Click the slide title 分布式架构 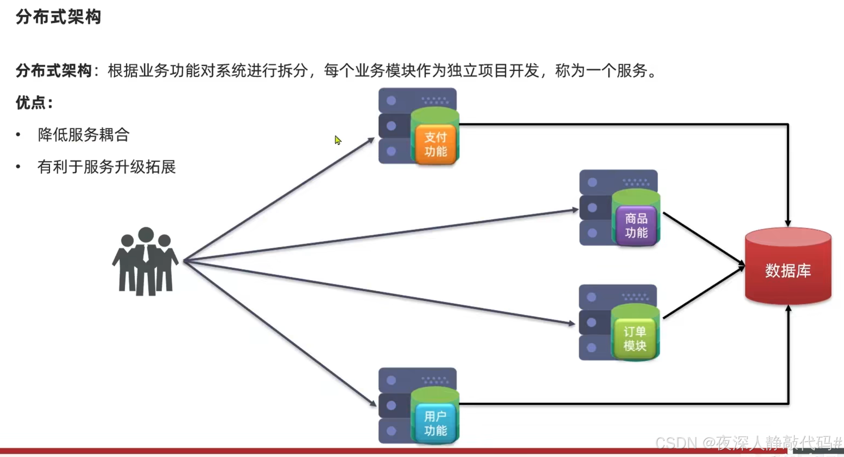(58, 17)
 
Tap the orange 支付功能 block (435, 144)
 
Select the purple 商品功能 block (636, 225)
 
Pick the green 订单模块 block (635, 339)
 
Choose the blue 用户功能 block (435, 423)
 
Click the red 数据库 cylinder (788, 270)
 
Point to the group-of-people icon (145, 261)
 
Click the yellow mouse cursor (338, 140)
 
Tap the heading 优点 (34, 103)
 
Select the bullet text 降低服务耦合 (83, 135)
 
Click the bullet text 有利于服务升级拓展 (106, 167)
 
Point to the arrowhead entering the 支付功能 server (371, 140)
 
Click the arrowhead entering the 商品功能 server (575, 210)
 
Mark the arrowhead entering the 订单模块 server (572, 324)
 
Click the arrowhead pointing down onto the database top (788, 223)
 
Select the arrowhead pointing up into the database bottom (788, 309)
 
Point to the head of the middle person (146, 235)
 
